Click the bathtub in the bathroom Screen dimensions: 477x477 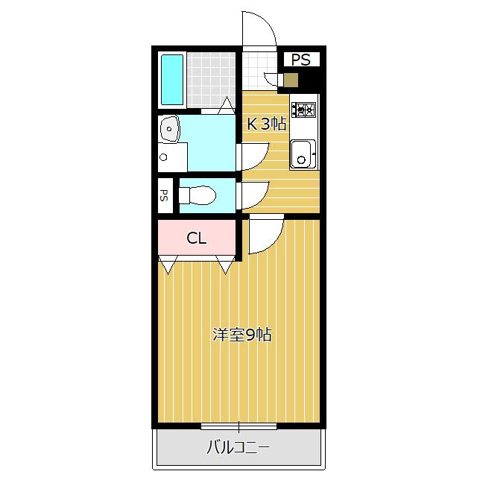click(172, 79)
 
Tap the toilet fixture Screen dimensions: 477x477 click(198, 195)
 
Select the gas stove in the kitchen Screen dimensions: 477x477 click(303, 110)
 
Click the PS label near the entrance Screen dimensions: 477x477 click(301, 60)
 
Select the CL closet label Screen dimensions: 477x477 click(196, 238)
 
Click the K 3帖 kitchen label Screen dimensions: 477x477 click(267, 124)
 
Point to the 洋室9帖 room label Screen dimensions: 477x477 click(241, 335)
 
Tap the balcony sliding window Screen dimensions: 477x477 click(238, 427)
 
